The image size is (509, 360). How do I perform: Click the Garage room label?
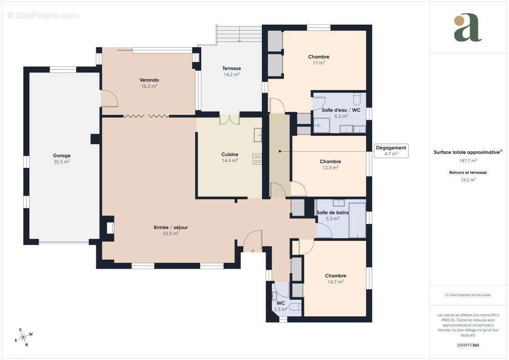(62, 156)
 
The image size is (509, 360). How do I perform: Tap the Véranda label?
(149, 80)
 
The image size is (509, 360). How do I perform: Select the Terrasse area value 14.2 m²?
(231, 75)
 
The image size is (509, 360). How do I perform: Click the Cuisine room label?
(230, 154)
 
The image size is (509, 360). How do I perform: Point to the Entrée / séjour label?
(171, 227)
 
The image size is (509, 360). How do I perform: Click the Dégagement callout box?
(391, 151)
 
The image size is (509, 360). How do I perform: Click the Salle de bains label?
(333, 212)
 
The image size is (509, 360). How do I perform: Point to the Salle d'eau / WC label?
(341, 110)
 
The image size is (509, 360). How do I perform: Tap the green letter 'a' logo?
(468, 27)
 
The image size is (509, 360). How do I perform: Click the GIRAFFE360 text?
(468, 345)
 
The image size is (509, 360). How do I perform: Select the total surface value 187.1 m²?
(468, 161)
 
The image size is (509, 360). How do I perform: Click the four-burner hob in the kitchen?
(257, 159)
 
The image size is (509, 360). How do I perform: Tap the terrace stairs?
(239, 34)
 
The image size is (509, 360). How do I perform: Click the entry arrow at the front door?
(253, 250)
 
